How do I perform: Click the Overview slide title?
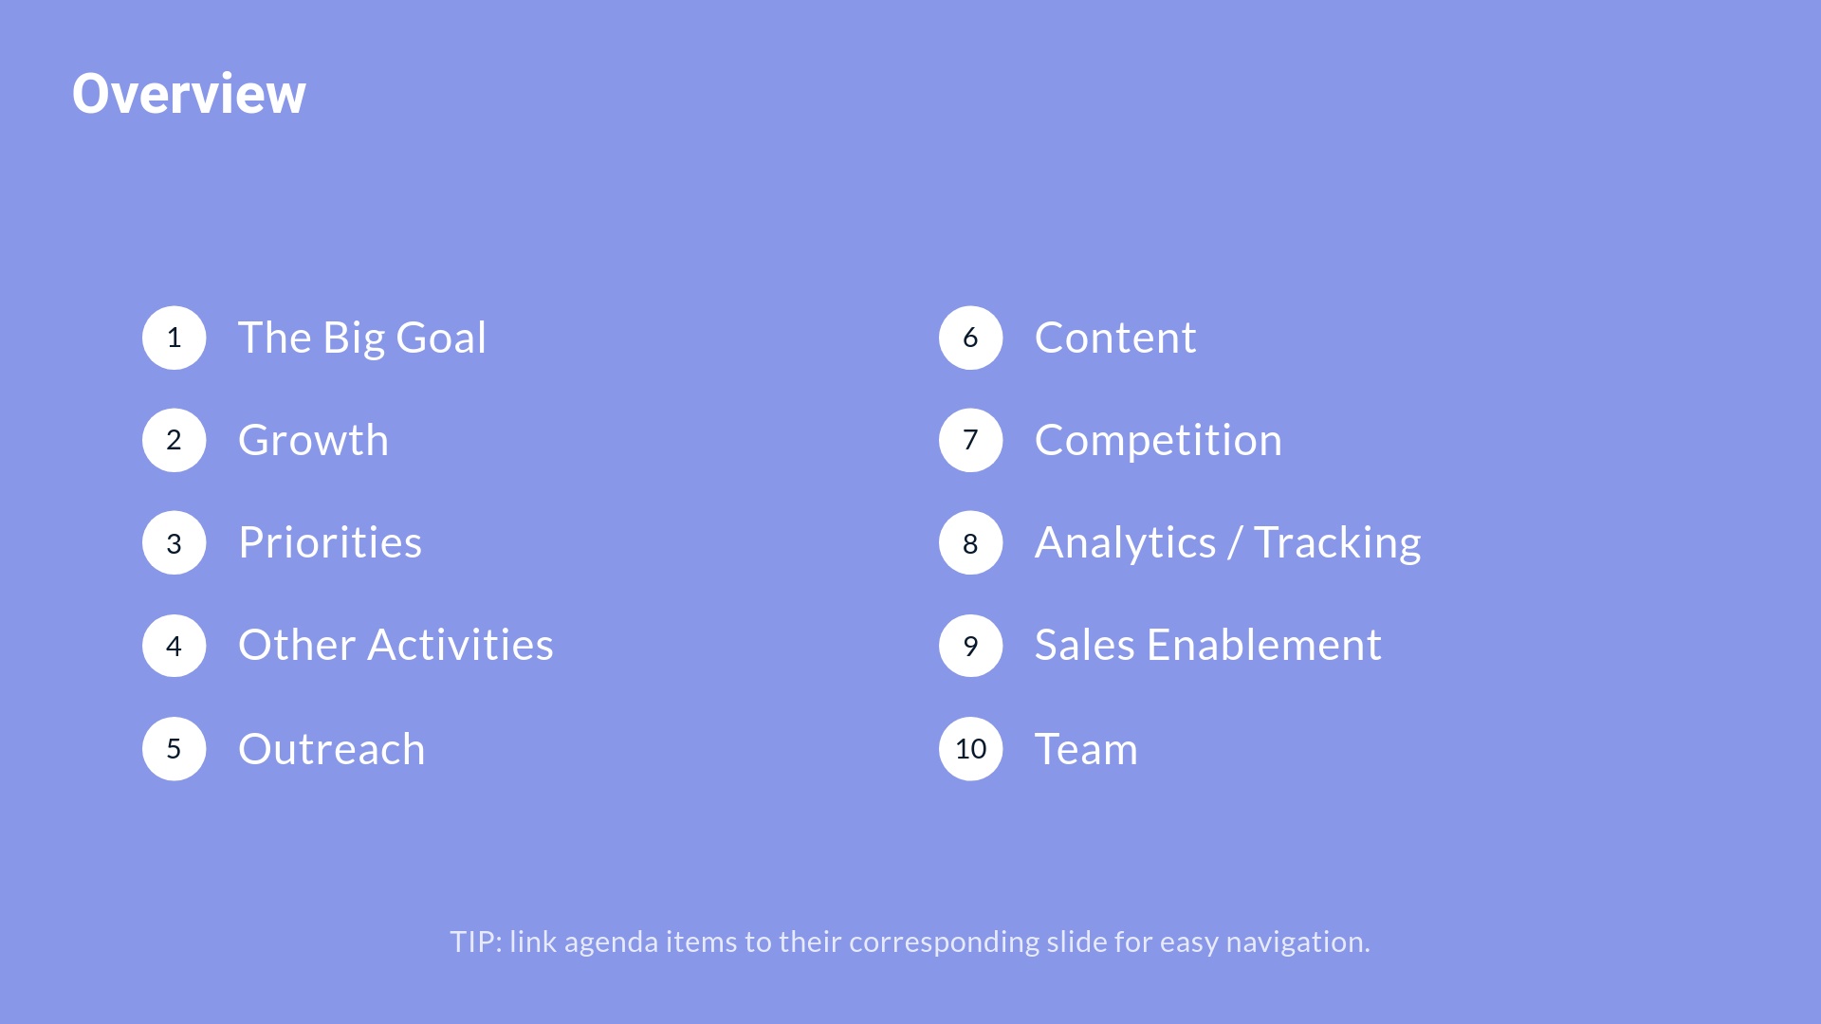tap(189, 94)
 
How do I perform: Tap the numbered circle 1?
tap(175, 338)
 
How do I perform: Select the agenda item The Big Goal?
tap(362, 338)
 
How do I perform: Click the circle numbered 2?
tap(175, 440)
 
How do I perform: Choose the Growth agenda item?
tap(313, 440)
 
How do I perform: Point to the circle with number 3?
tap(175, 542)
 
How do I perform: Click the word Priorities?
tap(330, 542)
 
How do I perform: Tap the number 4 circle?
tap(175, 646)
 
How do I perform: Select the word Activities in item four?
tap(461, 645)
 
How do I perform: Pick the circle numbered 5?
tap(175, 749)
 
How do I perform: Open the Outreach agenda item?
tap(332, 749)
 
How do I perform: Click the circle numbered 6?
tap(971, 338)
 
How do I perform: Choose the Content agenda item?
tap(1115, 338)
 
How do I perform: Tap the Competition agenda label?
tap(1158, 440)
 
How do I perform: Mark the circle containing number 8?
tap(971, 542)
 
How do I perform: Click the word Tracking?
tap(1337, 543)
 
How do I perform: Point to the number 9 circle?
tap(971, 646)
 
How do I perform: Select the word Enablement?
tap(1264, 645)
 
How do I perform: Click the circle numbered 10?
tap(971, 749)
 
